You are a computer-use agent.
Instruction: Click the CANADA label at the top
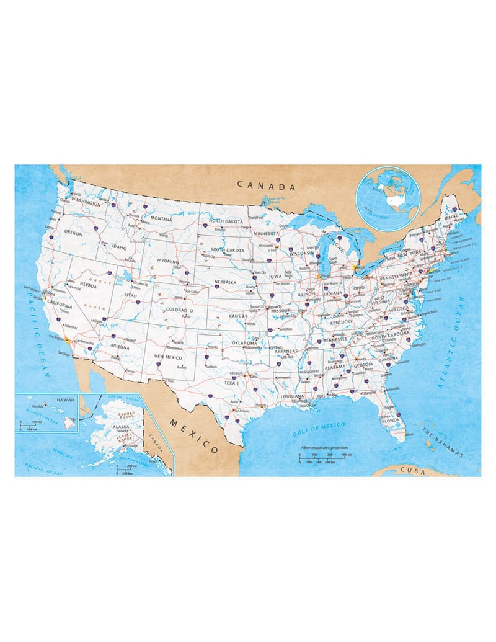[x=267, y=185]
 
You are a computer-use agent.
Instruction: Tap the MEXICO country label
[x=194, y=434]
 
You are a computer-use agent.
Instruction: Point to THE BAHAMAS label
[x=442, y=442]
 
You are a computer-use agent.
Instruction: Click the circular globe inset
[x=388, y=198]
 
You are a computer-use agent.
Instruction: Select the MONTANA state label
[x=161, y=218]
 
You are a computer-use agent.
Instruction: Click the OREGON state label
[x=73, y=233]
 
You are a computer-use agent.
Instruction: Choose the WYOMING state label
[x=167, y=261]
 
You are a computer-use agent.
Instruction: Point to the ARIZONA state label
[x=120, y=347]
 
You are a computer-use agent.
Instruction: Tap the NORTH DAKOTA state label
[x=224, y=221]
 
